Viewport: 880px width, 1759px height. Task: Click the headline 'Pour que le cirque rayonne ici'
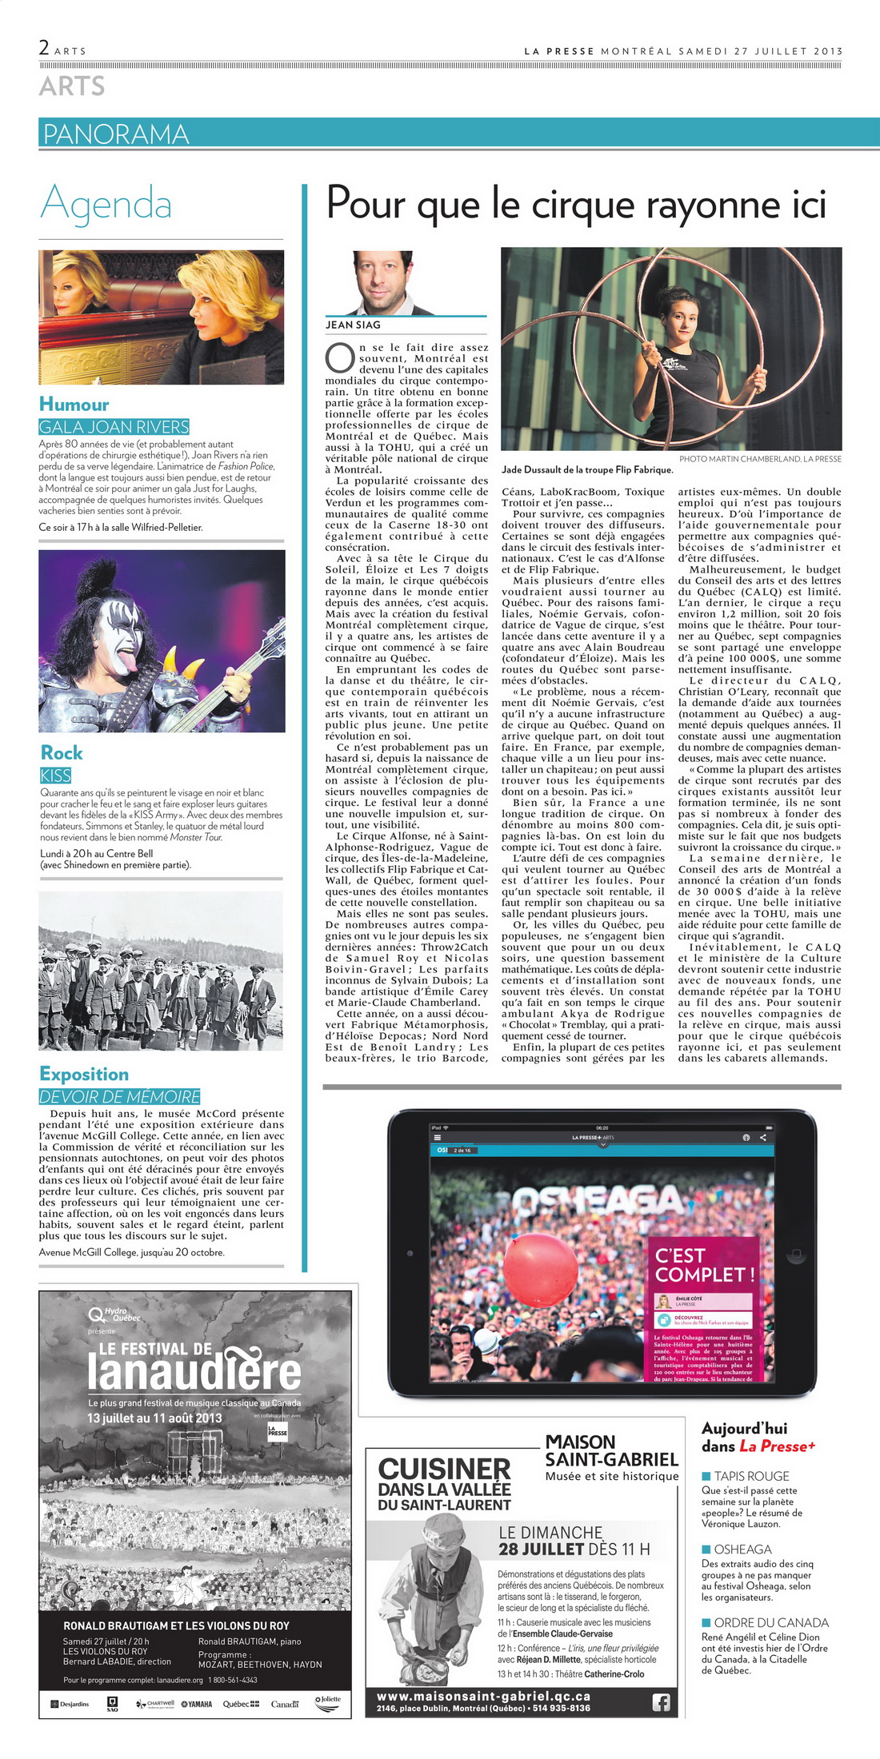(576, 205)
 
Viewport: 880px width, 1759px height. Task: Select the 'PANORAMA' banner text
(116, 134)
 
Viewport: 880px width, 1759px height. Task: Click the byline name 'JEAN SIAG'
(353, 325)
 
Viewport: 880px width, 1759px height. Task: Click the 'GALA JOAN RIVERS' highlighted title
(114, 427)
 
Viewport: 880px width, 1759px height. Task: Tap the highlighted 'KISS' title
(55, 776)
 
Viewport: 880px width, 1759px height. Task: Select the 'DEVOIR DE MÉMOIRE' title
(120, 1097)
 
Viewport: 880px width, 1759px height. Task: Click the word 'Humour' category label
(74, 404)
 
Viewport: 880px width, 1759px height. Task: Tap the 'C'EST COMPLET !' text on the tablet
(704, 1265)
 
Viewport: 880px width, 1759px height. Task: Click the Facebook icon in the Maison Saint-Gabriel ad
(661, 1702)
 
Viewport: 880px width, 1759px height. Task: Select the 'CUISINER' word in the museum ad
(444, 1469)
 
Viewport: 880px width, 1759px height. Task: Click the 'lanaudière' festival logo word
(194, 1372)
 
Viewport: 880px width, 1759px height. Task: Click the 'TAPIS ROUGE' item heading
(751, 1476)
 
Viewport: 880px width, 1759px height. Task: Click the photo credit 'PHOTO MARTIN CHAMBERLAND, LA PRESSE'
(760, 459)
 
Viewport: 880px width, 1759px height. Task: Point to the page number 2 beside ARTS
(44, 47)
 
